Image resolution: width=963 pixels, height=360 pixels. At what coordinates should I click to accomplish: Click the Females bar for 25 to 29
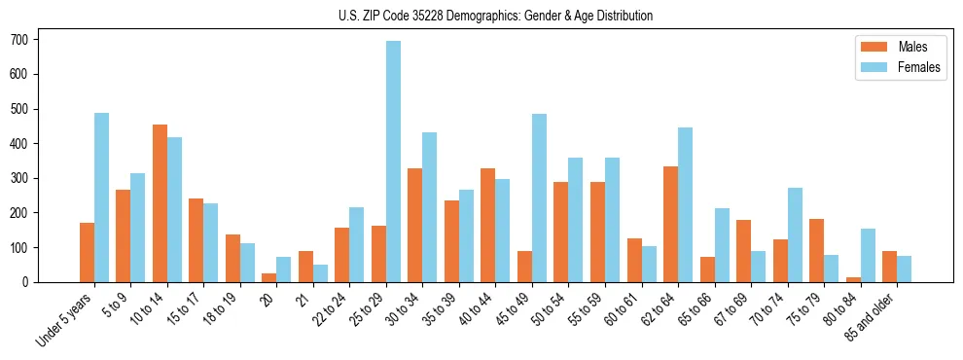tap(393, 162)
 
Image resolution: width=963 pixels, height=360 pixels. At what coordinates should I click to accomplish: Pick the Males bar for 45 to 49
tap(524, 267)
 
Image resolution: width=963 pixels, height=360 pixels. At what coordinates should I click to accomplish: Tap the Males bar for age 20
tap(269, 277)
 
